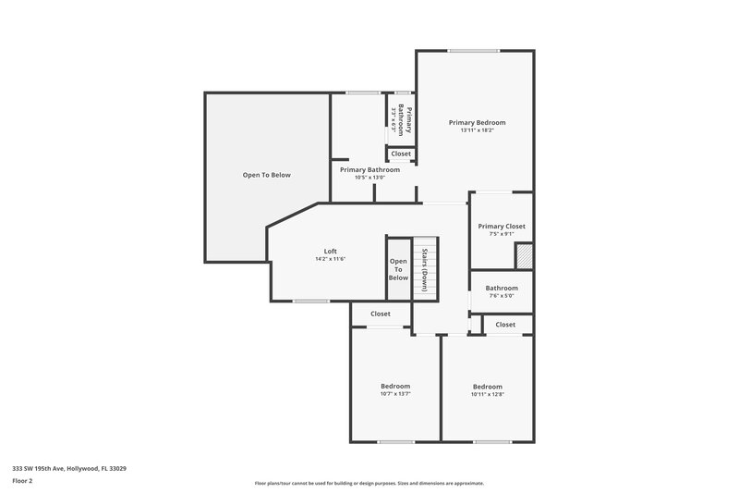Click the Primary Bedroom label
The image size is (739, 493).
point(477,122)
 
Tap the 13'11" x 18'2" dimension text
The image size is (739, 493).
point(477,130)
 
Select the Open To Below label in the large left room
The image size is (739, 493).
point(267,175)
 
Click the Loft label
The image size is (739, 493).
point(330,251)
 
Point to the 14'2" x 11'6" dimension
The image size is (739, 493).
point(330,259)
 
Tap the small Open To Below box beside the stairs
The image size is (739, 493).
point(398,270)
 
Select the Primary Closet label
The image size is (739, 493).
point(502,226)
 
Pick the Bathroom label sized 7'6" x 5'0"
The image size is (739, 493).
point(502,288)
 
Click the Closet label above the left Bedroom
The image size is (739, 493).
point(381,314)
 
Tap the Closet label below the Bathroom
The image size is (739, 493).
point(505,325)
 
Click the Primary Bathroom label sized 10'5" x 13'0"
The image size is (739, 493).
point(369,170)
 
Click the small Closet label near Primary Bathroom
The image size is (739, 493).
point(401,154)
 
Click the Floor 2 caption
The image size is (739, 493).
point(23,481)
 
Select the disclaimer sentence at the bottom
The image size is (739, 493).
point(369,483)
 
